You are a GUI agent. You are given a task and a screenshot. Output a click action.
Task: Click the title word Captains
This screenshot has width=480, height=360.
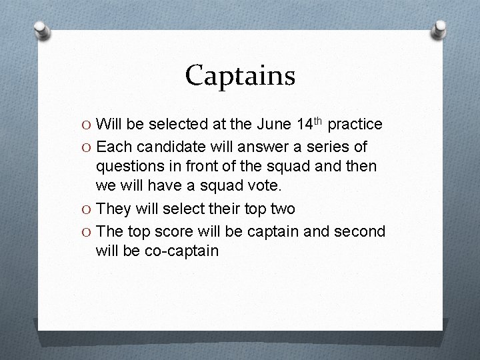pos(240,75)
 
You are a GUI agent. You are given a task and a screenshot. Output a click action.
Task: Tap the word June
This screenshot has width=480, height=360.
pos(273,125)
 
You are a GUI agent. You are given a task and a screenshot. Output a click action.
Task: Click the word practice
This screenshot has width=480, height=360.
pos(356,125)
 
